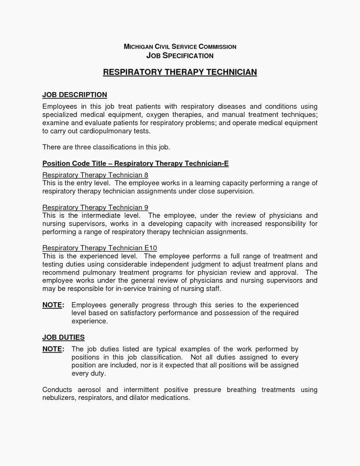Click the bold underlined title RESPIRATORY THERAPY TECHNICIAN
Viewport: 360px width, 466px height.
point(180,72)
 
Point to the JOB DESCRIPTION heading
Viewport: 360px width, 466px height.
point(74,94)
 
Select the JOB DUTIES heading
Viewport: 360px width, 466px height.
point(64,337)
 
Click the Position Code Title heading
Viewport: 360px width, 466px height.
point(135,163)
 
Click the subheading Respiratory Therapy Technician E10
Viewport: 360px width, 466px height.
point(99,248)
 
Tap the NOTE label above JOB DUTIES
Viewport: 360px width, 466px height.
point(53,304)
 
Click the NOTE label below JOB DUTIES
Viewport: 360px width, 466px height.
point(53,349)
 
